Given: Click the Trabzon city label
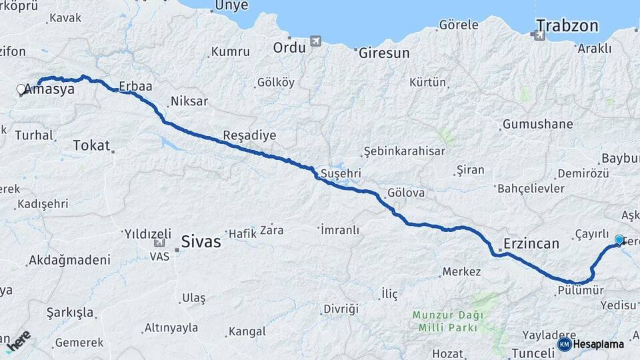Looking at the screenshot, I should [x=567, y=27].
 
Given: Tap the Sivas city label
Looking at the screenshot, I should [x=201, y=241].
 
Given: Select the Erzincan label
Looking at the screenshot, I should [x=531, y=244].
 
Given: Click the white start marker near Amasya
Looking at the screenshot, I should [x=21, y=89].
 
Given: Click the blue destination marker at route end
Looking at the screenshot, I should [x=619, y=239].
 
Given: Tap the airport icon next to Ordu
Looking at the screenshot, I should [x=315, y=41].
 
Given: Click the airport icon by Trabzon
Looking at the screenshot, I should [x=539, y=35].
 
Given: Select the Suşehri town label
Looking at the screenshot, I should [x=341, y=173].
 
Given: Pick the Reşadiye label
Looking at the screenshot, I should [x=249, y=135].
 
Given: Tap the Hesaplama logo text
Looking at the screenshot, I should [x=598, y=344].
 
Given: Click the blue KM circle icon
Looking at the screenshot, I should [x=564, y=344].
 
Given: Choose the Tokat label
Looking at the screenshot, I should [x=91, y=145].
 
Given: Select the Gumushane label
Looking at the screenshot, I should [x=538, y=125].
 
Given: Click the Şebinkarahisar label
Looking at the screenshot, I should [x=405, y=151].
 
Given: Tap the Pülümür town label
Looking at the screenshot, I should [x=581, y=291].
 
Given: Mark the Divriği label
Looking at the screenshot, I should [x=340, y=309].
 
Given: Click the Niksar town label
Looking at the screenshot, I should [x=189, y=102].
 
